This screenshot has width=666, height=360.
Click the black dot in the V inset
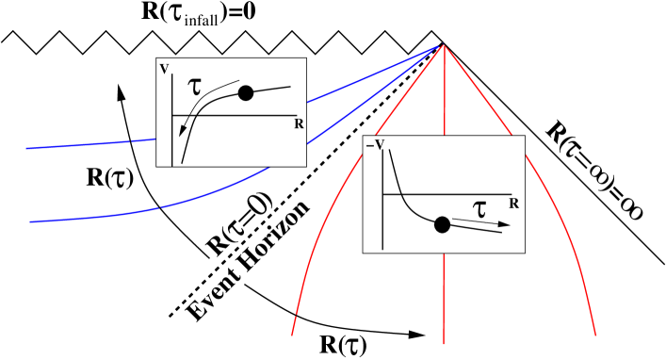coord(246,92)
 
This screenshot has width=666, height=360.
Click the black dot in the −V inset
coord(442,224)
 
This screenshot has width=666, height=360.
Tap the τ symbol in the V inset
coord(195,86)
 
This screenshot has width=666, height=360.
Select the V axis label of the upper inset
coord(165,69)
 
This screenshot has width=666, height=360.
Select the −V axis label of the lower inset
coord(374,145)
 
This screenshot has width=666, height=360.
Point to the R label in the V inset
coord(299,123)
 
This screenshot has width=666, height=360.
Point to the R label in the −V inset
coord(513,203)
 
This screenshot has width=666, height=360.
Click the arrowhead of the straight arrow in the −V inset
coord(505,225)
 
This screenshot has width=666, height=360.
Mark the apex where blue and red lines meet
coord(444,45)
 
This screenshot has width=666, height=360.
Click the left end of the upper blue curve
coord(27,149)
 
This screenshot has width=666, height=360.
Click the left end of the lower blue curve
coord(31,221)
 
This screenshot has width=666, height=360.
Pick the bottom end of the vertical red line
coord(444,343)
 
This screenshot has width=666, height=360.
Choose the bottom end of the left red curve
coord(292,335)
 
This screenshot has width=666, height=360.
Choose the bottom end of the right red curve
coord(595,335)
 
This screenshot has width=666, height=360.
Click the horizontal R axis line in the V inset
coord(236,115)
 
